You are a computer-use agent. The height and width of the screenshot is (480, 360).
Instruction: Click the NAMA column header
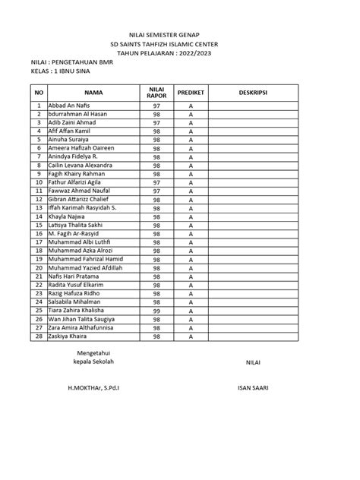click(94, 92)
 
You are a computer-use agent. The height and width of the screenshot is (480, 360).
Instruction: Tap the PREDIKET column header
click(191, 92)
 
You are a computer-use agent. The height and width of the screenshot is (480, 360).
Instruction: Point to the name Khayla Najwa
click(68, 216)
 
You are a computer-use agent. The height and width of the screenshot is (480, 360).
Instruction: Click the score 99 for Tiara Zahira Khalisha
click(156, 311)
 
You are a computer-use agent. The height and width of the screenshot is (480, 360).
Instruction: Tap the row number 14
click(38, 216)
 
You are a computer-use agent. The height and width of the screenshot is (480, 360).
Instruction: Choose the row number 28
click(38, 336)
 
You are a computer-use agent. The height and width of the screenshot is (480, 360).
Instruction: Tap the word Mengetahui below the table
click(96, 353)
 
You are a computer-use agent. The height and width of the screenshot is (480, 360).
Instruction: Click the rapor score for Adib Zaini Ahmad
click(156, 122)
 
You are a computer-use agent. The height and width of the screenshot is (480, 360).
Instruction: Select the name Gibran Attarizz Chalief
click(79, 199)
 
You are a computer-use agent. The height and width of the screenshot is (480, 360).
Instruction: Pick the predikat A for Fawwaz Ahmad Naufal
click(191, 191)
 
